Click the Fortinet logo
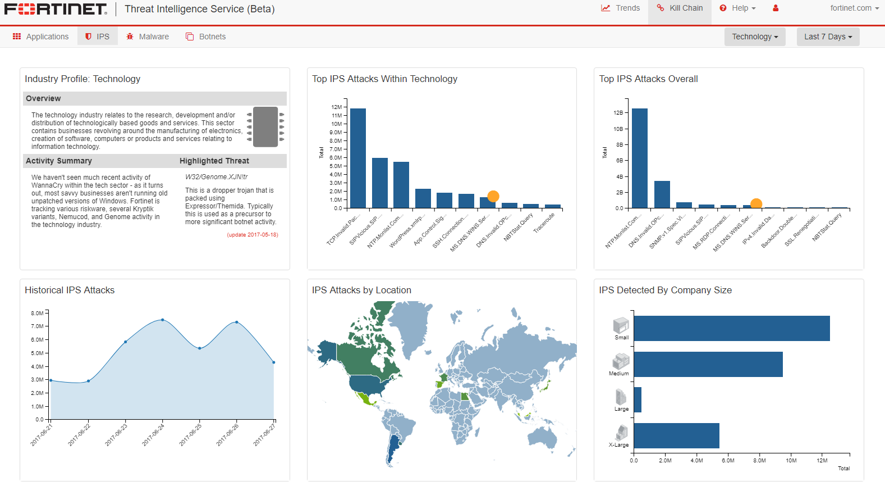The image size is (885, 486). click(x=56, y=9)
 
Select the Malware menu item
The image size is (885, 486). click(x=148, y=37)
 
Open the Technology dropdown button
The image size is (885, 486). click(x=755, y=37)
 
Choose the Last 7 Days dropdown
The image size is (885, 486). click(x=828, y=37)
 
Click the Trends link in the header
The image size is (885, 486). click(x=621, y=8)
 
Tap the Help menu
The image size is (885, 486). click(x=738, y=8)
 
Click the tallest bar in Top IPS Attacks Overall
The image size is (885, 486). click(x=639, y=158)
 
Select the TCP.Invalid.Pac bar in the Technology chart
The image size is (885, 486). click(x=358, y=158)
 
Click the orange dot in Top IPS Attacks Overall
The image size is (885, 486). click(x=756, y=203)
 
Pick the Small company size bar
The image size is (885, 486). click(x=731, y=328)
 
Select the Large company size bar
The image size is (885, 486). click(x=638, y=399)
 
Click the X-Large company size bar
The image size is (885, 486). click(x=676, y=435)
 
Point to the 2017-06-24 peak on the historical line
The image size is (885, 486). click(x=163, y=320)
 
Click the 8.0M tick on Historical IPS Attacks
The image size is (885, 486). click(x=38, y=313)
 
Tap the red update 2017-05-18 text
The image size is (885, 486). click(x=253, y=235)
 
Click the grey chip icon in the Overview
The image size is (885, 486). click(x=265, y=127)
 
